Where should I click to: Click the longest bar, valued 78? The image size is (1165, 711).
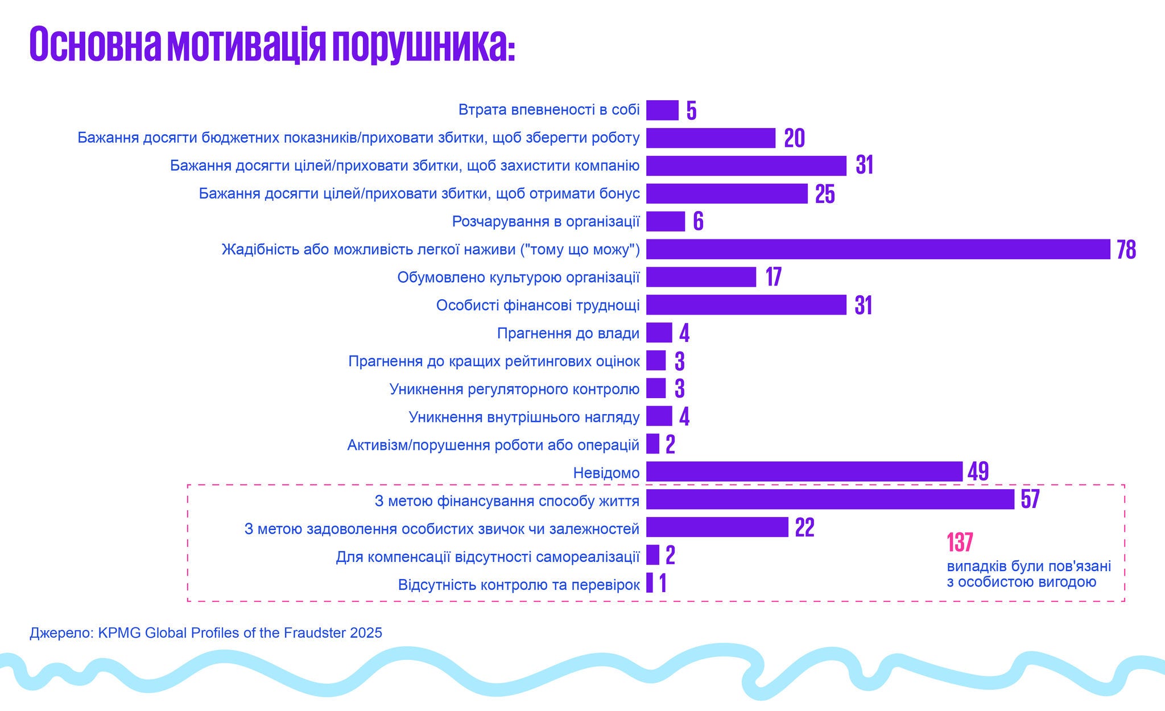tap(878, 249)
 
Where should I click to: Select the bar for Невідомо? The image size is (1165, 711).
tap(804, 472)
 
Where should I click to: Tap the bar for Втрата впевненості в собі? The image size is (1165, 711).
tap(662, 110)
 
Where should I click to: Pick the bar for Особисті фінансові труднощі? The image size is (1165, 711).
tap(746, 305)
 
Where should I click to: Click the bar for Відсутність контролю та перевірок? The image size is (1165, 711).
tap(650, 583)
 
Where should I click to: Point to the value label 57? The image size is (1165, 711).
tap(1030, 499)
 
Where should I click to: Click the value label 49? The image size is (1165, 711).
tap(978, 472)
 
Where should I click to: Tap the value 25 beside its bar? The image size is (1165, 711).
tap(825, 194)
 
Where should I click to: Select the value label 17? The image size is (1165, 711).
tap(773, 277)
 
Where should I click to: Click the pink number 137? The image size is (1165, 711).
tap(960, 542)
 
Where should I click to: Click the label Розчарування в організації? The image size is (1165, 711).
tap(546, 221)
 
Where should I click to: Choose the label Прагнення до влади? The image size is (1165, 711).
tap(568, 333)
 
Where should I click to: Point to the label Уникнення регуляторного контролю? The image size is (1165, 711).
tap(514, 388)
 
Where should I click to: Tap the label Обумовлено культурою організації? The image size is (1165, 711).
tap(518, 277)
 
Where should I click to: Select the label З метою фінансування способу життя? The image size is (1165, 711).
tap(507, 501)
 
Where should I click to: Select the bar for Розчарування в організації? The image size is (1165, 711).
tap(665, 221)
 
